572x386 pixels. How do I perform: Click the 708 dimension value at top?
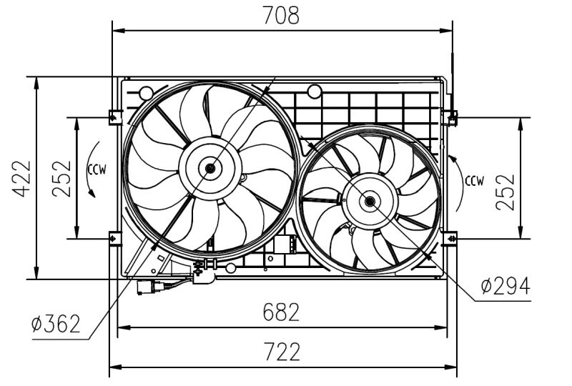coord(282,15)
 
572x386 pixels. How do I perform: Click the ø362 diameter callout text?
coord(56,325)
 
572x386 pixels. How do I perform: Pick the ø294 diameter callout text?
coord(505,286)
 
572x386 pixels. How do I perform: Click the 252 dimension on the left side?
coord(61,178)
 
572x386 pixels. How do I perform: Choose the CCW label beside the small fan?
coord(474,179)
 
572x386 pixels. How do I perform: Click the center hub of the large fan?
coord(210,168)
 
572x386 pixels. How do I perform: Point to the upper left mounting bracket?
coord(114,116)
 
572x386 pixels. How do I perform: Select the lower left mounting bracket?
coord(114,237)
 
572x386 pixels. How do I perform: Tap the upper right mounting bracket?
coord(451,116)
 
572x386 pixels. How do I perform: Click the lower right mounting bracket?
coord(451,237)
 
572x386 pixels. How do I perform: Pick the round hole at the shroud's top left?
coord(146,92)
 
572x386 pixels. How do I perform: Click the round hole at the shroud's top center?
coord(313,91)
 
